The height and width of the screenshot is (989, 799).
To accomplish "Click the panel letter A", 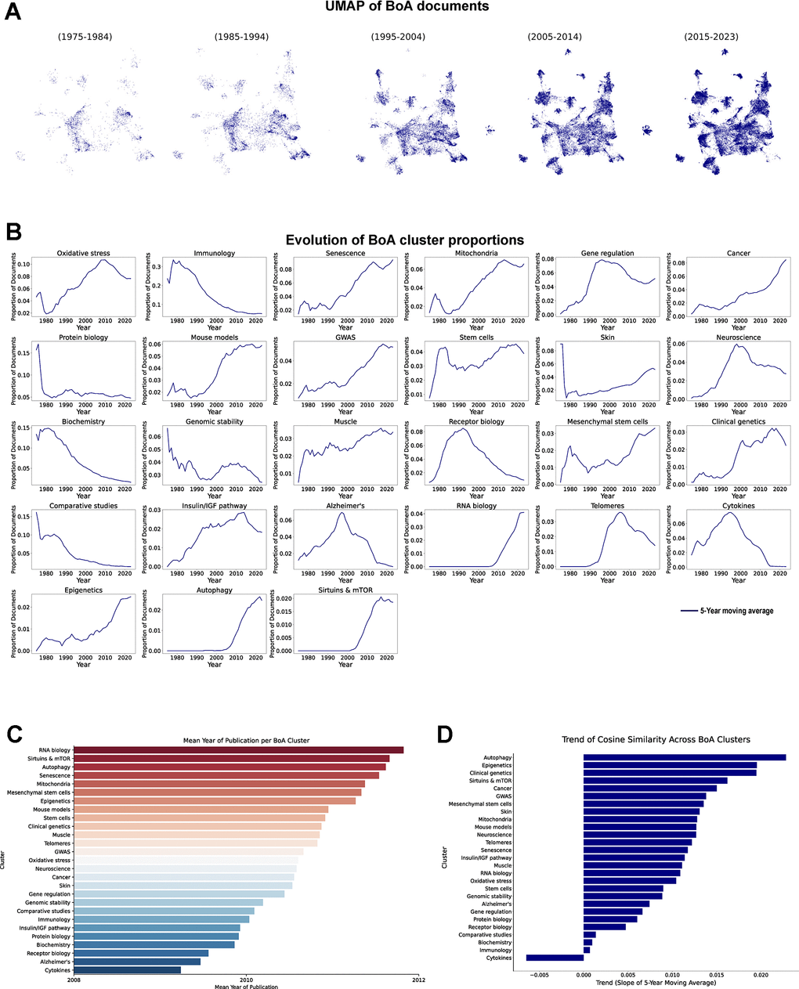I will click(x=13, y=13).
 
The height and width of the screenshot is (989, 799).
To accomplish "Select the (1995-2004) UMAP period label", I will click(x=398, y=37).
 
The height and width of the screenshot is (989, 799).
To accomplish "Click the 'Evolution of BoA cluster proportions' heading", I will click(x=404, y=240).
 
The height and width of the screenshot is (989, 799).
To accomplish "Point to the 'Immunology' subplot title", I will click(x=214, y=254).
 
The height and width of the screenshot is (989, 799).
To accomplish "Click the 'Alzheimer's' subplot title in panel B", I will click(x=345, y=506).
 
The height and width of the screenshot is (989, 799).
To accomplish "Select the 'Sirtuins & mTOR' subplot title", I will click(x=345, y=590).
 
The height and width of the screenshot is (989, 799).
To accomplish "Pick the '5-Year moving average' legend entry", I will click(x=736, y=611).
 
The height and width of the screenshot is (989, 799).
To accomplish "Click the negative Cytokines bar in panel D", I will click(x=555, y=958).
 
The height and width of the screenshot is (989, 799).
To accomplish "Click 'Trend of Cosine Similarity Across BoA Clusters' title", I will click(x=656, y=740).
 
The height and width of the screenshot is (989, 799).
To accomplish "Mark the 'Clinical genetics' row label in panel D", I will click(x=490, y=773).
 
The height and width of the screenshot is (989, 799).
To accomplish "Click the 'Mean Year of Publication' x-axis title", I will click(x=246, y=987).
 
